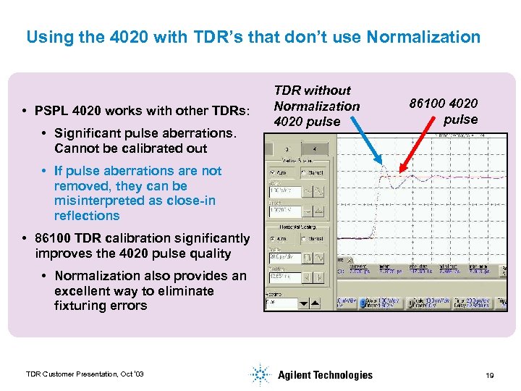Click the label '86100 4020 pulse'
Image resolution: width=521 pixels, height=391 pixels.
click(443, 112)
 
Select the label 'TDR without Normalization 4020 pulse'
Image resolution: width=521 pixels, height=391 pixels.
click(316, 106)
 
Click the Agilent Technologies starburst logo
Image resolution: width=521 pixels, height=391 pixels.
click(259, 374)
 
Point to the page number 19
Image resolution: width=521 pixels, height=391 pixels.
click(489, 374)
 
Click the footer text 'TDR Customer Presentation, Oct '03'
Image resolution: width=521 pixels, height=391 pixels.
click(85, 374)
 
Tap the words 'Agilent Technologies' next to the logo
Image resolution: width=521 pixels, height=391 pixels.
click(325, 374)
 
